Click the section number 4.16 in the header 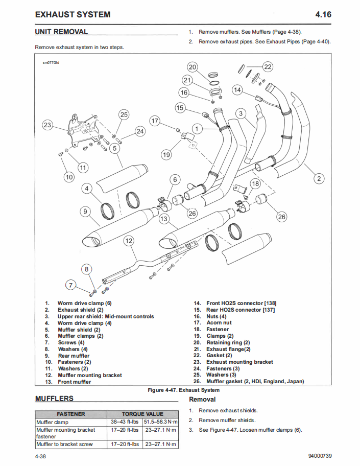coord(323,14)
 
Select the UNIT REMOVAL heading coord(61,32)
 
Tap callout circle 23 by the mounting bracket coord(47,125)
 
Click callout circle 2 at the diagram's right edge coord(319,178)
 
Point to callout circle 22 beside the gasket coord(268,66)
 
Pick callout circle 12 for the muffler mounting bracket coord(129,241)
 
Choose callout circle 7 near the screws coord(71,285)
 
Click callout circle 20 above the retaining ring coord(193,67)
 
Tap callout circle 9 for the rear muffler coord(85,211)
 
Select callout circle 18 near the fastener coord(255,183)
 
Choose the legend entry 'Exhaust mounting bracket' coord(239,362)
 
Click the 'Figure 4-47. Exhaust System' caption coord(183,390)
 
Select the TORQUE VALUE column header coord(142,414)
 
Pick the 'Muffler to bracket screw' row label coord(64,445)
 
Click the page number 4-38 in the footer coord(42,456)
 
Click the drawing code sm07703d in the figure coord(51,63)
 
